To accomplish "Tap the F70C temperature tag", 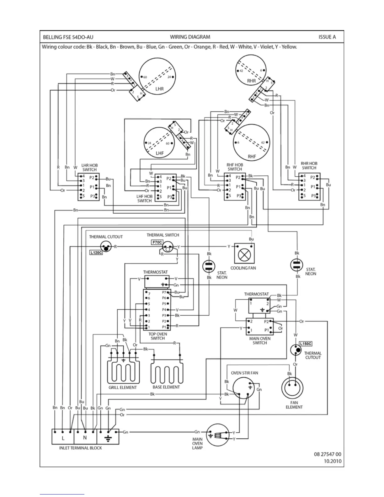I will pos(157,242).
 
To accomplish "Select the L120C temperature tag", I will pos(96,253).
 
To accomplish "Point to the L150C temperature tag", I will pos(306,344).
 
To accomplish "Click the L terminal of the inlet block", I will pos(63,438).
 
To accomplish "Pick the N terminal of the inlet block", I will pos(85,438).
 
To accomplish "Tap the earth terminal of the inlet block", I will pos(108,438).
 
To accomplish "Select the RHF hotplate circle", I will pos(252,143).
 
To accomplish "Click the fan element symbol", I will pos(292,387).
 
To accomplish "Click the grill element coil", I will pos(123,372).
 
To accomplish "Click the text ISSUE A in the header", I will pos(327,37).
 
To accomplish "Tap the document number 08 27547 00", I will pos(327,454).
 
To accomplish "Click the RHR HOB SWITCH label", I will pos(309,166).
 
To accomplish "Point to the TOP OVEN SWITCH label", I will pos(157,336).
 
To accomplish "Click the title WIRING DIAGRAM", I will pos(190,37).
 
